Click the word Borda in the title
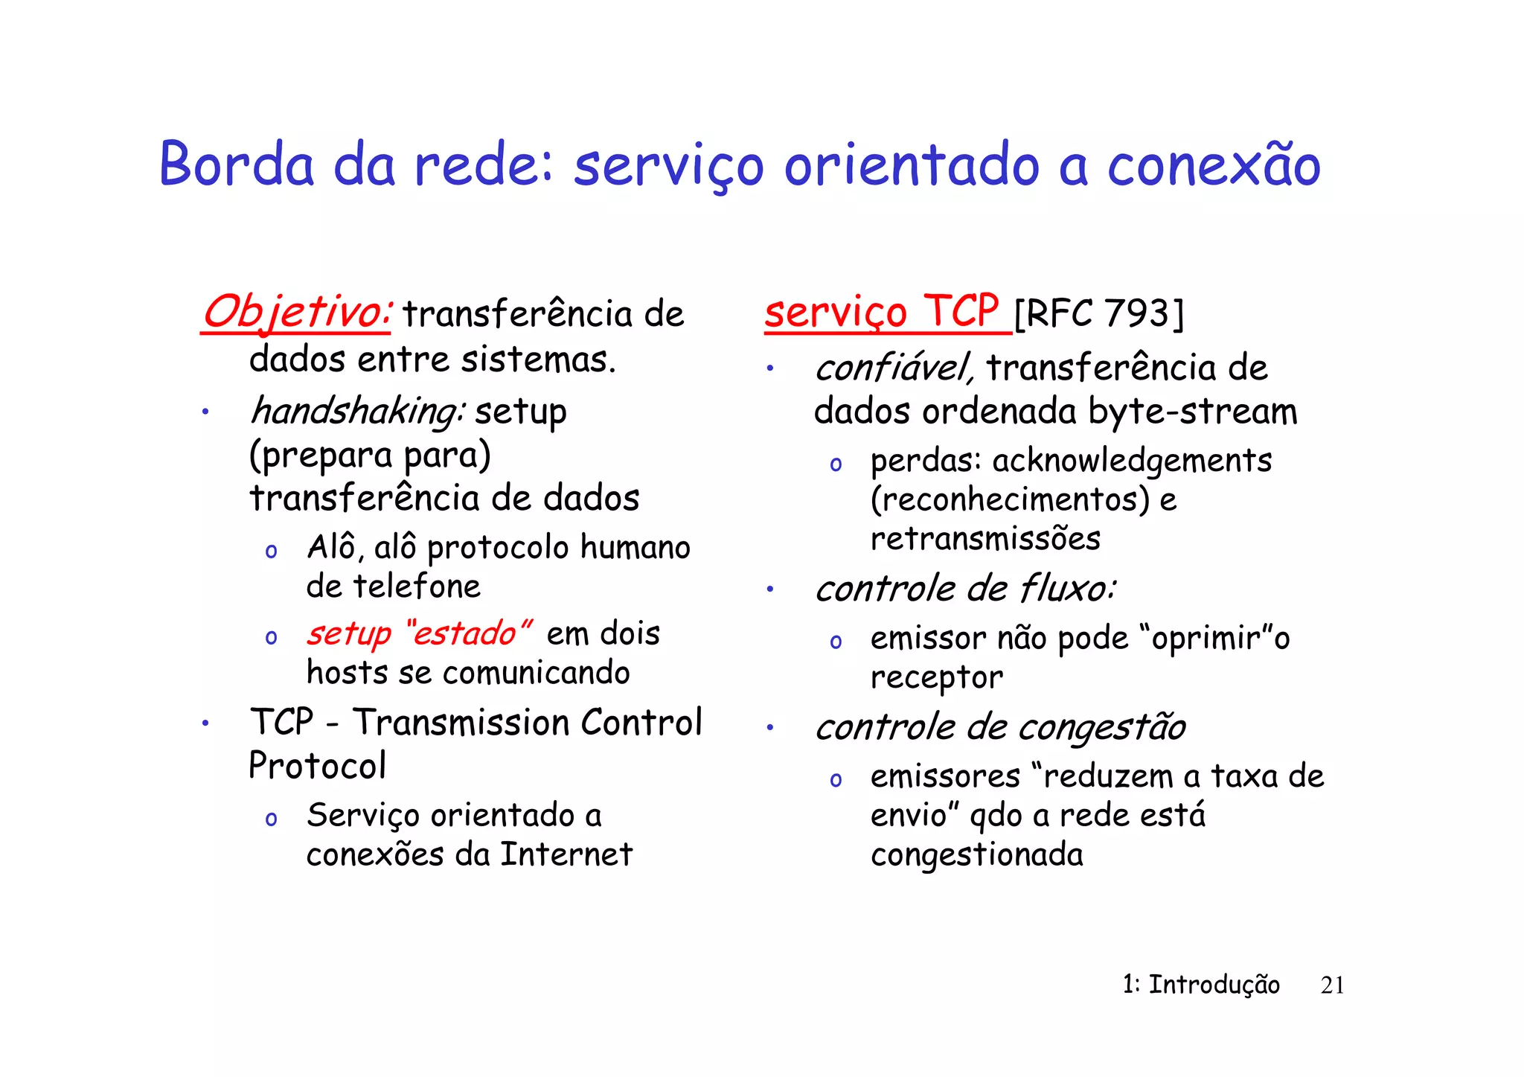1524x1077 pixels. (x=237, y=164)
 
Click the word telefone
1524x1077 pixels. (x=417, y=587)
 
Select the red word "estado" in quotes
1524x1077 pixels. (x=469, y=633)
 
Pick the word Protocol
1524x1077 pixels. (x=318, y=766)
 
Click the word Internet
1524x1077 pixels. (x=566, y=854)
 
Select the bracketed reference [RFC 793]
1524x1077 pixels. (x=1098, y=313)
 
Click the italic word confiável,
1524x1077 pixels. (x=894, y=368)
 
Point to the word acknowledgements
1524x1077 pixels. (x=1132, y=461)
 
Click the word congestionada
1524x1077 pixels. (x=976, y=854)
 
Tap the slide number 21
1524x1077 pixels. (x=1332, y=985)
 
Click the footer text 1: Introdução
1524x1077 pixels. (x=1201, y=985)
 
